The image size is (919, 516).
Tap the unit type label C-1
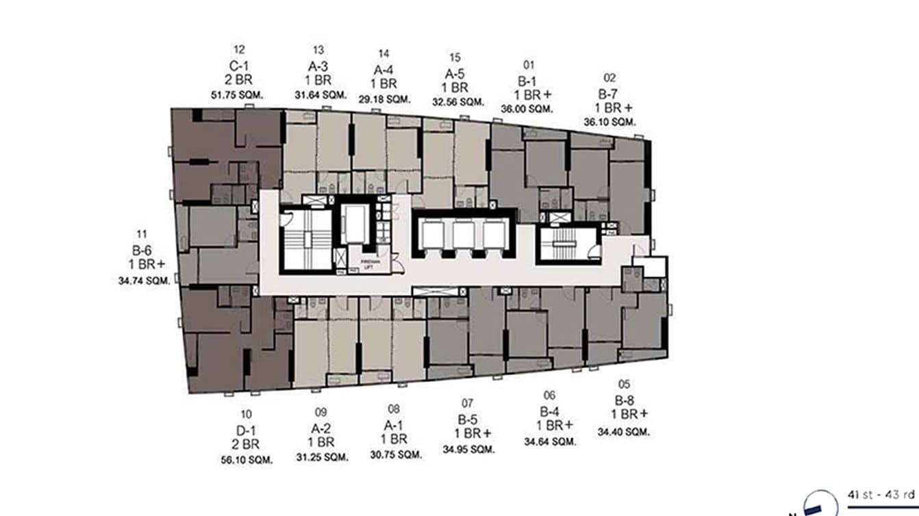pos(239,66)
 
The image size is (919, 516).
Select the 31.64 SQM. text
pos(318,95)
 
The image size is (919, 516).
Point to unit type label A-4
pos(384,69)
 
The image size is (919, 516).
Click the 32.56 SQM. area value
pos(458,101)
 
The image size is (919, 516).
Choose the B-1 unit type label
pos(528,81)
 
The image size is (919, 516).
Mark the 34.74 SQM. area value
pos(143,280)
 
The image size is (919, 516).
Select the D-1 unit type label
pos(247,429)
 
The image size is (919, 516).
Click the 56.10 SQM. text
pos(247,460)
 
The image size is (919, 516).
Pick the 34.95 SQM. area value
pos(468,449)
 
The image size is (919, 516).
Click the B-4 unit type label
pos(549,411)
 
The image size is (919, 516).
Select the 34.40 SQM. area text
pos(623,432)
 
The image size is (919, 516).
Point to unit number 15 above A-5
pos(455,57)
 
